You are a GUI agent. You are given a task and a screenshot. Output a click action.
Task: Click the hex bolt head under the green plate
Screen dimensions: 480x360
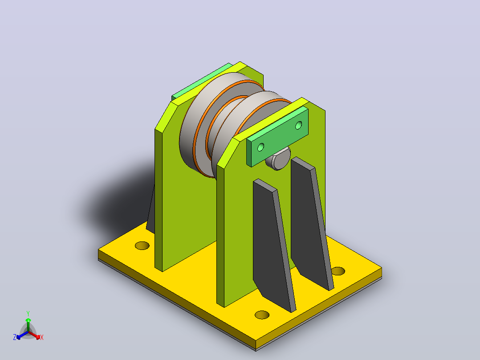(278, 159)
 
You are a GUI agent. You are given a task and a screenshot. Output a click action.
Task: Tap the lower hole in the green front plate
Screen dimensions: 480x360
(260, 147)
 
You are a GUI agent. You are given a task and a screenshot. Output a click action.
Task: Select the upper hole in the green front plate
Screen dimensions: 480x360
(298, 125)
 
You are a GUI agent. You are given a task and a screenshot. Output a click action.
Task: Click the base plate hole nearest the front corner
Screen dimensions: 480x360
(262, 315)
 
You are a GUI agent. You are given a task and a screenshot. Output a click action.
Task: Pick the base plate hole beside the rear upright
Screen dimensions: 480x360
(142, 245)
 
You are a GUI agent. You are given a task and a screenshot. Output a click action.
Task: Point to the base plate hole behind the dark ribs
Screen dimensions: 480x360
(338, 271)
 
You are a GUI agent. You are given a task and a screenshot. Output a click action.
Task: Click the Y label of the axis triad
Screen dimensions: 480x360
(28, 314)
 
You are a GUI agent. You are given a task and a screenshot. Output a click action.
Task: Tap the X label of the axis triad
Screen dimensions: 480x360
(42, 337)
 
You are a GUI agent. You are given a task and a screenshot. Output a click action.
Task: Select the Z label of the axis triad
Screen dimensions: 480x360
(15, 337)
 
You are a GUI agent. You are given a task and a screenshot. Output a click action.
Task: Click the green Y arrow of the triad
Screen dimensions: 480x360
(28, 324)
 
